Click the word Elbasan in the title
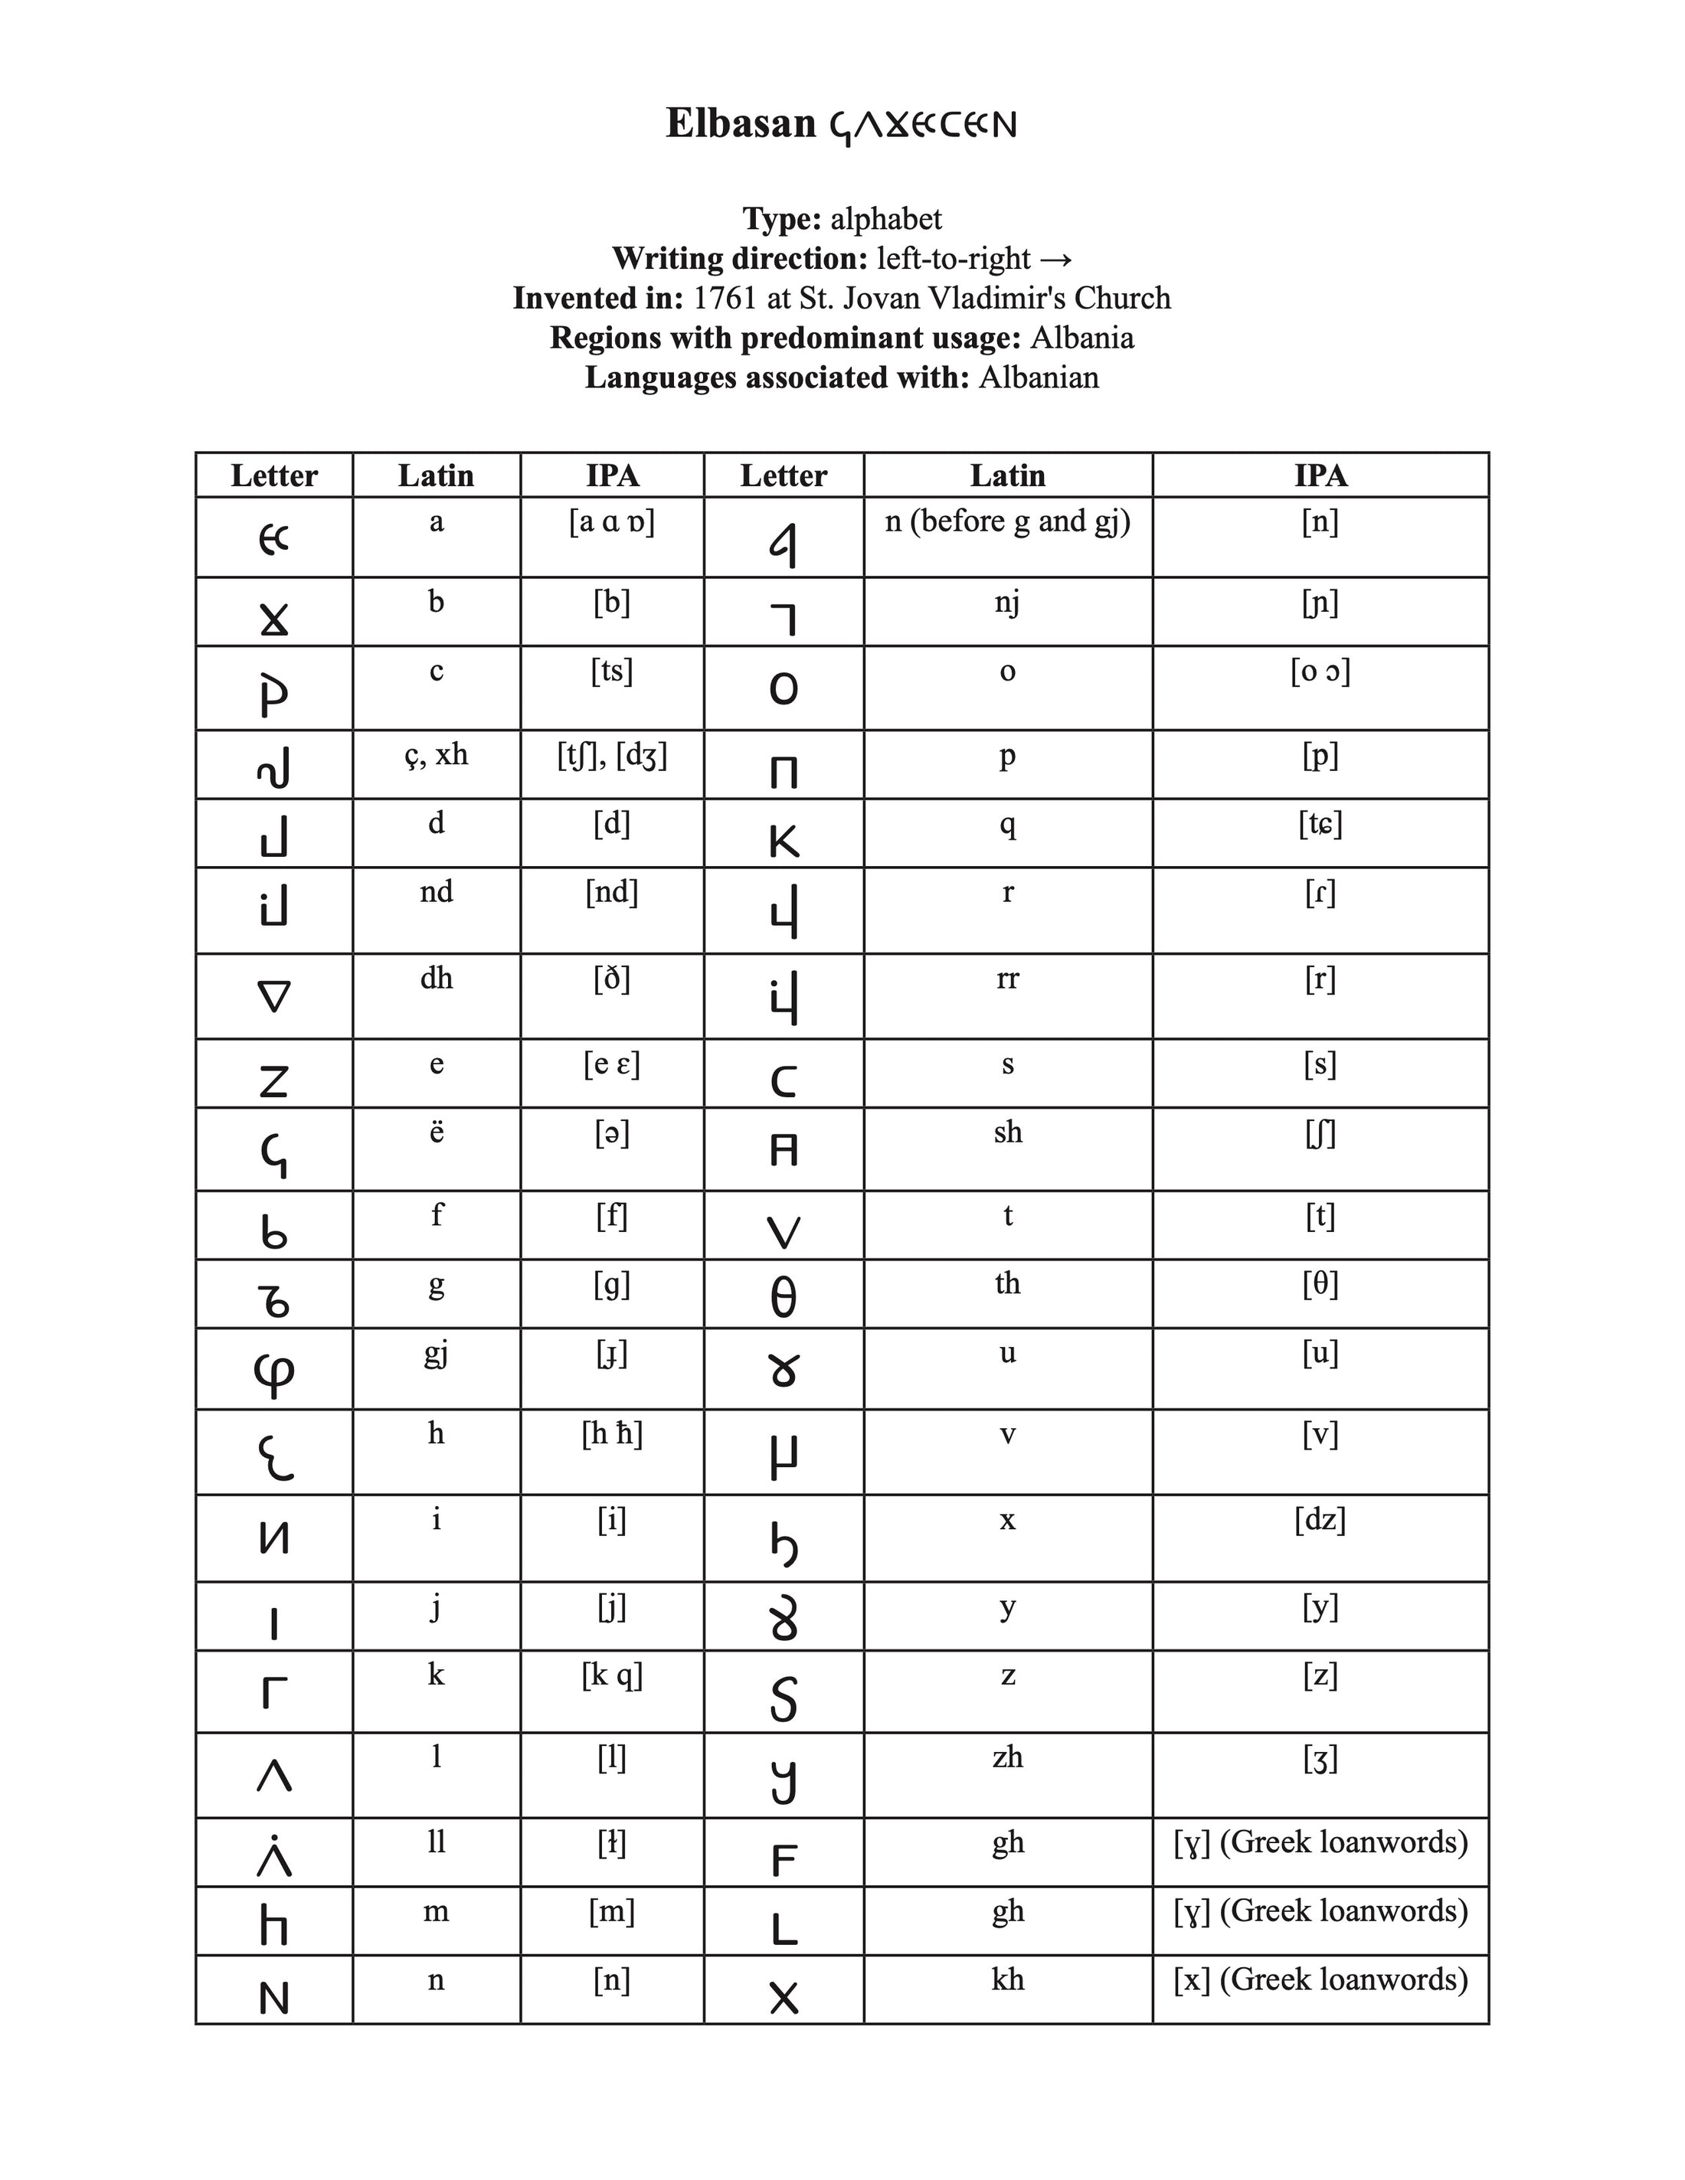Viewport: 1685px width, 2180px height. click(x=741, y=124)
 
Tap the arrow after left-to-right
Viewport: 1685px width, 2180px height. click(x=1055, y=259)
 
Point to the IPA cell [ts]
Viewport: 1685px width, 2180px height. click(x=611, y=671)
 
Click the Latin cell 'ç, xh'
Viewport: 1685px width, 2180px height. click(x=437, y=755)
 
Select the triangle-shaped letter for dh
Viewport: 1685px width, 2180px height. click(x=273, y=996)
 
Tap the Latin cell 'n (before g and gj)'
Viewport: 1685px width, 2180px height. click(x=1007, y=521)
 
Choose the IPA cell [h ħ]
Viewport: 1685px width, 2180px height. click(x=611, y=1434)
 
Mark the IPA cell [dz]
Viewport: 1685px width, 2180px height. click(x=1320, y=1520)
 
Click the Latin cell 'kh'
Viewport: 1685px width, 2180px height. click(x=1007, y=1979)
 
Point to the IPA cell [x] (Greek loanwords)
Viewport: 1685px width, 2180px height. click(x=1320, y=1979)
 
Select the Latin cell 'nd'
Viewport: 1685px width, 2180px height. click(x=437, y=891)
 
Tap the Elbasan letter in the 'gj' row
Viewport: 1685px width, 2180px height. click(x=273, y=1372)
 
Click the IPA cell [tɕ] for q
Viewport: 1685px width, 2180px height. click(x=1320, y=825)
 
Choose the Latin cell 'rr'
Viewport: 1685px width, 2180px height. click(x=1007, y=979)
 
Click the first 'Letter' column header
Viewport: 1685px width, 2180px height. click(x=273, y=475)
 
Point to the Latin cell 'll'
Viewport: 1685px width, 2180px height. click(x=437, y=1842)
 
